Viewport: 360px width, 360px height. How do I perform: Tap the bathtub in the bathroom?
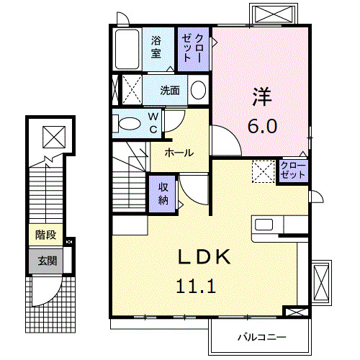pyautogui.click(x=127, y=50)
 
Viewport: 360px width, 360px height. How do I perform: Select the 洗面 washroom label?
pyautogui.click(x=171, y=91)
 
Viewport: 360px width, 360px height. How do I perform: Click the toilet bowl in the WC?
pyautogui.click(x=129, y=123)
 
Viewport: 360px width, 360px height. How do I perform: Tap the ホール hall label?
pyautogui.click(x=178, y=153)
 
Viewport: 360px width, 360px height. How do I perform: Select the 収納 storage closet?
pyautogui.click(x=163, y=192)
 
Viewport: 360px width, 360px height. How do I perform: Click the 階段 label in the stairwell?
pyautogui.click(x=45, y=235)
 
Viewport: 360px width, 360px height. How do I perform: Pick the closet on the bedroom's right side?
pyautogui.click(x=293, y=171)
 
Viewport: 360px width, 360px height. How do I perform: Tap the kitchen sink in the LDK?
pyautogui.click(x=264, y=224)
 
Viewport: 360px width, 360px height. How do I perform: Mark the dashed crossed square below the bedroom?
pyautogui.click(x=263, y=171)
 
